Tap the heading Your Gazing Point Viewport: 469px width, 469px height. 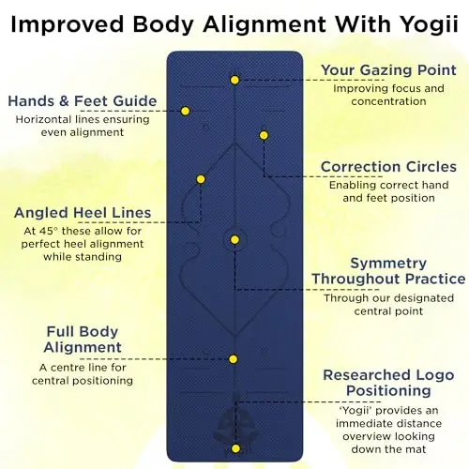pos(388,69)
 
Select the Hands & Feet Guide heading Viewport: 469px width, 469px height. pos(83,101)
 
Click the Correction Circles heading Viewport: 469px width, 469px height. pos(388,167)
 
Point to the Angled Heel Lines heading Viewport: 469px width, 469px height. pos(83,213)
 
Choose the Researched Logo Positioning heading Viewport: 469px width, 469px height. pos(388,383)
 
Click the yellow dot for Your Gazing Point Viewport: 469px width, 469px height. pos(234,80)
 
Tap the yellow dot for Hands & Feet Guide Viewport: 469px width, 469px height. pos(185,111)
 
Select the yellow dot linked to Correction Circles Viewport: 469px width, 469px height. pos(264,135)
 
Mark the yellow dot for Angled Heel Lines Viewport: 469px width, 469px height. pos(201,179)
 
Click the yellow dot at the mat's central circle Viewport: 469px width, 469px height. pos(234,240)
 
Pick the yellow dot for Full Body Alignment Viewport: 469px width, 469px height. pos(233,359)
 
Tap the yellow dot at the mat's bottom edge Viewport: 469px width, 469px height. pos(235,448)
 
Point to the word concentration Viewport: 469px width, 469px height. pos(388,101)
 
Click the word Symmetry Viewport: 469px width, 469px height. pos(388,264)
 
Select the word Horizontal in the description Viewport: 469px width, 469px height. pos(43,119)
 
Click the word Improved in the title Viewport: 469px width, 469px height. pos(68,25)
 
